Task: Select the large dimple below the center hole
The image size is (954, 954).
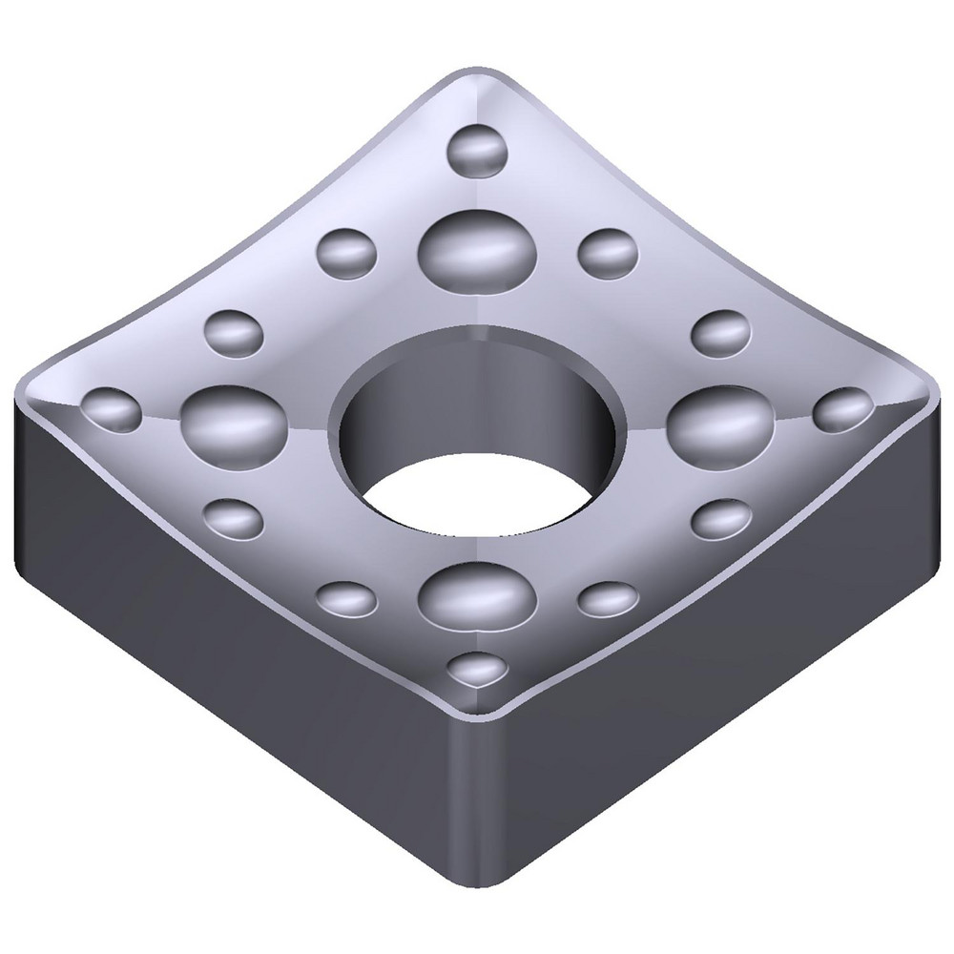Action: pyautogui.click(x=477, y=594)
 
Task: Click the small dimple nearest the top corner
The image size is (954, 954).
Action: pyautogui.click(x=477, y=148)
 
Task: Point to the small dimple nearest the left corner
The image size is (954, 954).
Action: pyautogui.click(x=112, y=407)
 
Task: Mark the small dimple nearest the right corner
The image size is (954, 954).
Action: pyautogui.click(x=842, y=408)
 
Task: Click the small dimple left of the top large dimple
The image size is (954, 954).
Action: pyautogui.click(x=346, y=250)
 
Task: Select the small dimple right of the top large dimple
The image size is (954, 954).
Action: pyautogui.click(x=608, y=250)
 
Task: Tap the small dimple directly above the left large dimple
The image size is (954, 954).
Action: pyautogui.click(x=234, y=333)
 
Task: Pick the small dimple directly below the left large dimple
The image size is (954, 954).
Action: pyautogui.click(x=234, y=518)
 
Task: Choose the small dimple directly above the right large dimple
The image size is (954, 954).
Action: pyautogui.click(x=720, y=333)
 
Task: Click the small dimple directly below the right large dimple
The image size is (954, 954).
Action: pyautogui.click(x=720, y=519)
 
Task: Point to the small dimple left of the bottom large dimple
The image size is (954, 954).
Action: pyautogui.click(x=345, y=598)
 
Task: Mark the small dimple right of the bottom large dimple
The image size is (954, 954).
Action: pyautogui.click(x=608, y=598)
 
